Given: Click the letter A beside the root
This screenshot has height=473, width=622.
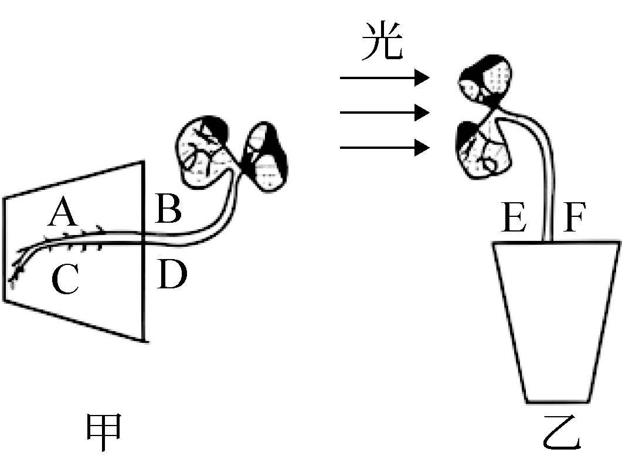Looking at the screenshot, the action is pyautogui.click(x=63, y=213).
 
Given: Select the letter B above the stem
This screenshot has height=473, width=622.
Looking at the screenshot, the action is pyautogui.click(x=169, y=209).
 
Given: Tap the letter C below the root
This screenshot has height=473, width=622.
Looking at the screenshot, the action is pyautogui.click(x=66, y=279).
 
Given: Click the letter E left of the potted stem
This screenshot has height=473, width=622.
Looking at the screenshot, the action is pyautogui.click(x=514, y=217).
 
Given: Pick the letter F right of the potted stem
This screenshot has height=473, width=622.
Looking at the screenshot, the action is pyautogui.click(x=574, y=217).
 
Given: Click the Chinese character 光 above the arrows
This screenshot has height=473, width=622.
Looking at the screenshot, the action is pyautogui.click(x=382, y=41).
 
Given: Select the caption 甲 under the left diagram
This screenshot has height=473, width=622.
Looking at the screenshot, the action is pyautogui.click(x=104, y=432).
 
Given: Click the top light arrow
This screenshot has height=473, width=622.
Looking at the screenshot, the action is pyautogui.click(x=385, y=78).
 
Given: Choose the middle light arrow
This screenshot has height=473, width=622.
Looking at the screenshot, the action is pyautogui.click(x=385, y=113).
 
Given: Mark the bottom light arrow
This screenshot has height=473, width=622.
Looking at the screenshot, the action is pyautogui.click(x=385, y=148).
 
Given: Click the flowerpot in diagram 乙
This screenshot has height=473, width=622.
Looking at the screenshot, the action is pyautogui.click(x=556, y=321).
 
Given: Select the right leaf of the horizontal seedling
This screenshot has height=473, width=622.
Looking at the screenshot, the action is pyautogui.click(x=264, y=156).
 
